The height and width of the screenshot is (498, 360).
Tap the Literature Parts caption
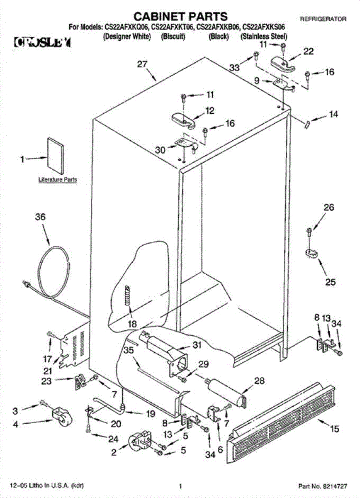58,180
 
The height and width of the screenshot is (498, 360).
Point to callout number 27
142,64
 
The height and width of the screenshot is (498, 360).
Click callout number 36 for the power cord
40,217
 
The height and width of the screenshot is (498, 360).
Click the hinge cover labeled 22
282,63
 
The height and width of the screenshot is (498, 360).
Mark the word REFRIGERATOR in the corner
322,19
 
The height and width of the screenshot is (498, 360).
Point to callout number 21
48,371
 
